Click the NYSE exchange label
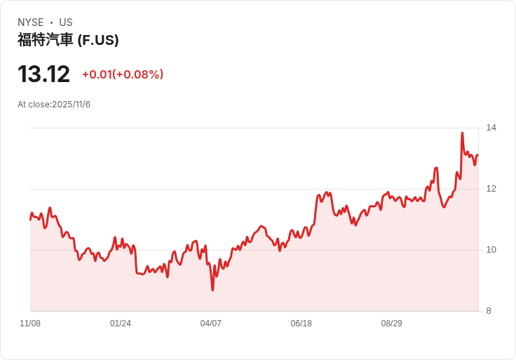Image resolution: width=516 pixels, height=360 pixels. [x=31, y=22]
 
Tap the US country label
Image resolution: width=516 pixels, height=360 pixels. [x=66, y=22]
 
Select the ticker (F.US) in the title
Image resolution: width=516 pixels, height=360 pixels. [x=98, y=40]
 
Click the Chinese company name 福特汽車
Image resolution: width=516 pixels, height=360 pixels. [x=45, y=40]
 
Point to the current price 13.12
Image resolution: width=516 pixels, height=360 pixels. [x=43, y=74]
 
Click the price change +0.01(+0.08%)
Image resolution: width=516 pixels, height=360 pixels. [x=123, y=74]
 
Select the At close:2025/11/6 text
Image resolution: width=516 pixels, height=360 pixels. [x=54, y=105]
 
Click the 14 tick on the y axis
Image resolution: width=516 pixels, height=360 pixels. [x=491, y=128]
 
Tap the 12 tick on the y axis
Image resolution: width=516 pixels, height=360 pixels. [x=491, y=189]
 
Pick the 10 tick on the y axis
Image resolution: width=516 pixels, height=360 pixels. [x=491, y=250]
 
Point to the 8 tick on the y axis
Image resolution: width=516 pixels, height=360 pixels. [x=489, y=311]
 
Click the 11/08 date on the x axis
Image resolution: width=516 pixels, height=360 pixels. [x=30, y=324]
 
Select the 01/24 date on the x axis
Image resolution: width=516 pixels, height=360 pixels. [x=121, y=324]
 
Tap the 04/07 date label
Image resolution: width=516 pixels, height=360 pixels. [x=210, y=324]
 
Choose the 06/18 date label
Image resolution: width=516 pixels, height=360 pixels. [x=301, y=324]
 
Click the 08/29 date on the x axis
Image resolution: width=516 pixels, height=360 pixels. [x=392, y=324]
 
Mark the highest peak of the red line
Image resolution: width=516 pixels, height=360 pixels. [x=462, y=133]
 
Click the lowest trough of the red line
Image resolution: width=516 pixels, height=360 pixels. [x=212, y=290]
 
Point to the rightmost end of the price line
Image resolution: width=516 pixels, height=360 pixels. [x=478, y=155]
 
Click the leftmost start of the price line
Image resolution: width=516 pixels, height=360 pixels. [x=30, y=220]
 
